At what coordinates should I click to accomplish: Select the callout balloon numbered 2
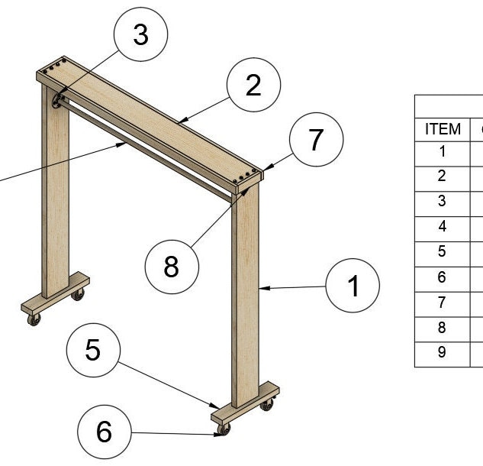(253, 86)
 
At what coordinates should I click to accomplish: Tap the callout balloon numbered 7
(315, 140)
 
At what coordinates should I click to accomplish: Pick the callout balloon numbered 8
(172, 267)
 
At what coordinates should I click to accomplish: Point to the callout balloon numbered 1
(352, 286)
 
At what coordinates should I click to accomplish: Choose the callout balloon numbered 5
(93, 350)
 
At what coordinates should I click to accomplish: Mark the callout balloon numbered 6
(104, 432)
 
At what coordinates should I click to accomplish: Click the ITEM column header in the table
(443, 129)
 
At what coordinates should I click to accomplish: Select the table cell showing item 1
(443, 150)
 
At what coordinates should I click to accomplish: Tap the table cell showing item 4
(443, 226)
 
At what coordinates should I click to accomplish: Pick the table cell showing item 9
(443, 352)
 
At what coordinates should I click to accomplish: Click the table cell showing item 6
(443, 277)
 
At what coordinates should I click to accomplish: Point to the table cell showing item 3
(443, 201)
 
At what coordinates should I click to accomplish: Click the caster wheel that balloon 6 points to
(224, 432)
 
